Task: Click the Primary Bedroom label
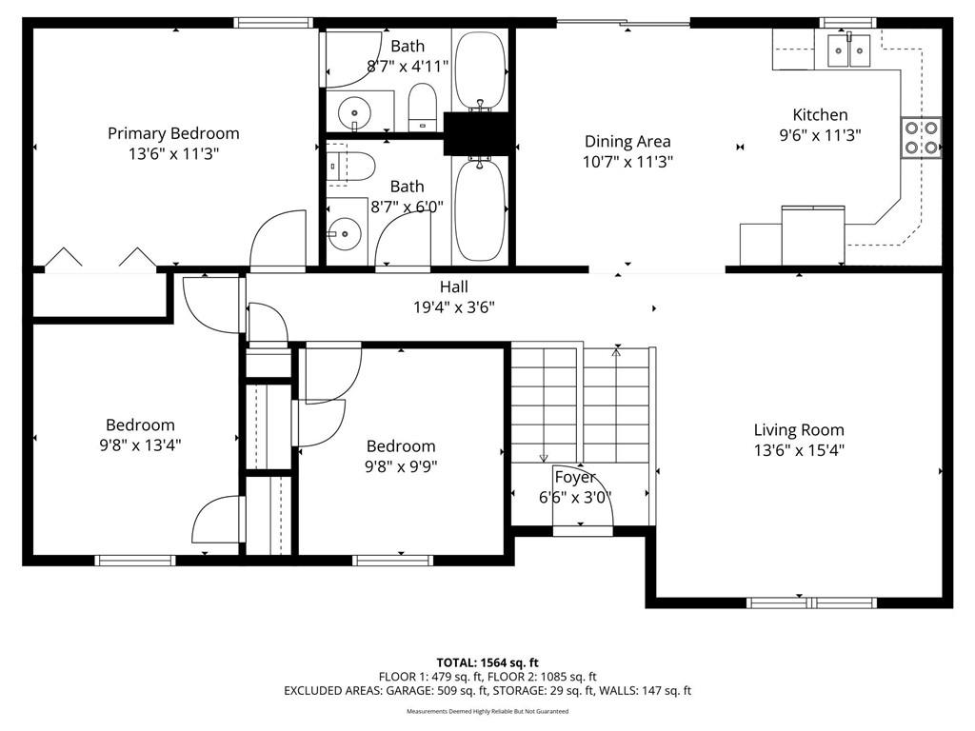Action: pyautogui.click(x=173, y=133)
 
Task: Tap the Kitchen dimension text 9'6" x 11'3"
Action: pyautogui.click(x=820, y=135)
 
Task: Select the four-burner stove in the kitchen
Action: pyautogui.click(x=921, y=137)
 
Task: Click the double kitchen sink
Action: pyautogui.click(x=848, y=49)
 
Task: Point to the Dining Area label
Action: pyautogui.click(x=627, y=142)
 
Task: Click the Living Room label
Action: pyautogui.click(x=799, y=430)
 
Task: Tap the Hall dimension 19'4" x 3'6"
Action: pyautogui.click(x=454, y=307)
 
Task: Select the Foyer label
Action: pyautogui.click(x=575, y=478)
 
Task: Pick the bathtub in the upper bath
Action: pyautogui.click(x=480, y=70)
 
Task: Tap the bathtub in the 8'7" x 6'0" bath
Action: pyautogui.click(x=480, y=210)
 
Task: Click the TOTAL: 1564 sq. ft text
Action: pyautogui.click(x=487, y=662)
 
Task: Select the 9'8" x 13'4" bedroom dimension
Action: pyautogui.click(x=141, y=445)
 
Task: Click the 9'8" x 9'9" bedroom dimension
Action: pyautogui.click(x=401, y=466)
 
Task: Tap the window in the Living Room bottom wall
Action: pyautogui.click(x=811, y=603)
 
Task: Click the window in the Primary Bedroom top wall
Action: pyautogui.click(x=273, y=23)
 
